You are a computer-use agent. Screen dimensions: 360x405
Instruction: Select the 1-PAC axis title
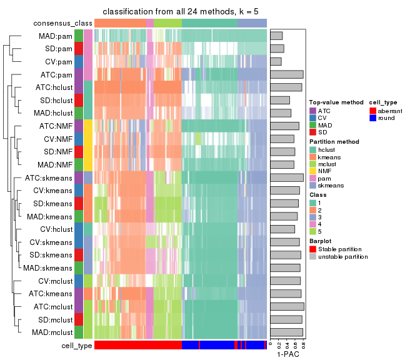point(287,354)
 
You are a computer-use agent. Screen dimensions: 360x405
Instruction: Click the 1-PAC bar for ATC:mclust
point(287,306)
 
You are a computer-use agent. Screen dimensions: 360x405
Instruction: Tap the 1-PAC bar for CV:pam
point(276,61)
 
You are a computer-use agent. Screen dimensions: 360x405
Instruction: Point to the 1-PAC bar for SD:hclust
point(280,100)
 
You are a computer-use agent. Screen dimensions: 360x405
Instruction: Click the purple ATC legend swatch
point(312,111)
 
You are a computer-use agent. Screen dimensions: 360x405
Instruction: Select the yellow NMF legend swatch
point(312,171)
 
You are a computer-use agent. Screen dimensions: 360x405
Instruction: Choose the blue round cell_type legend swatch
point(372,118)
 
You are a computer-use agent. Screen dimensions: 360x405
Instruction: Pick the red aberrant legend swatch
point(372,111)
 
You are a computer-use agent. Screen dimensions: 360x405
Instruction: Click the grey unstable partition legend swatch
point(312,257)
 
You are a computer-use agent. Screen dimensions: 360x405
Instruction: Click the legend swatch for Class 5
point(312,231)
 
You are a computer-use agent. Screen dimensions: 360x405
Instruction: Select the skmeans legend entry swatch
point(312,186)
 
